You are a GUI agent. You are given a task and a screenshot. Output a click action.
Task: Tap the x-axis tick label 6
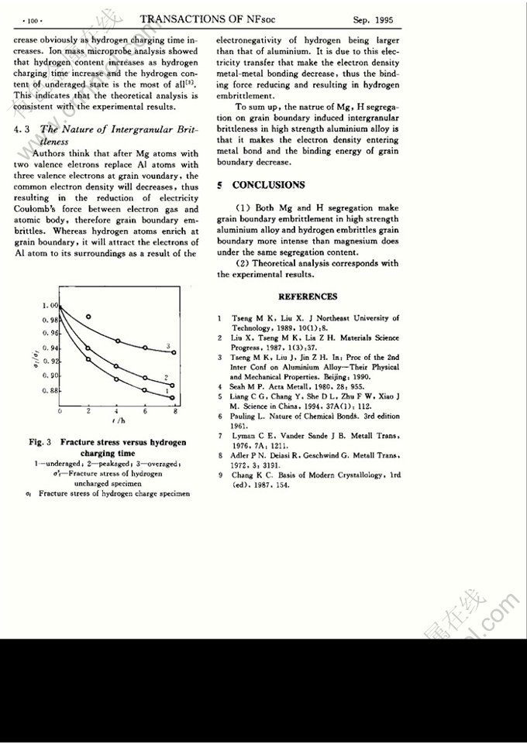(x=145, y=412)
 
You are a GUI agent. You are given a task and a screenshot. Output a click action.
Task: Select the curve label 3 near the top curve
(x=168, y=345)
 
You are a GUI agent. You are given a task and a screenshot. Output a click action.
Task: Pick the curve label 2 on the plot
(x=167, y=376)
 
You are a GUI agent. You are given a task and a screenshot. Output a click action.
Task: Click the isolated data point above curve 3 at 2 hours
(x=89, y=317)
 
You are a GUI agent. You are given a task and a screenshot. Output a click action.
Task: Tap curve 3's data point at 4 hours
(x=117, y=341)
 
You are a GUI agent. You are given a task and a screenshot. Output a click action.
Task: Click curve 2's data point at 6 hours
(x=146, y=378)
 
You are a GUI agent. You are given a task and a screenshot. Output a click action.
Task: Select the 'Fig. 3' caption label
(x=40, y=443)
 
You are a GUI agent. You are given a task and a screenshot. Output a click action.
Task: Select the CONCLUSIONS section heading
(x=268, y=185)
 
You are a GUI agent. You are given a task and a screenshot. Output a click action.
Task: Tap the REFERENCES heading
(x=308, y=297)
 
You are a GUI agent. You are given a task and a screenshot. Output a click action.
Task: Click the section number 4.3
(x=22, y=130)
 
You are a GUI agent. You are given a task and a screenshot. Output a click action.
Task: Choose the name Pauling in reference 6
(x=246, y=416)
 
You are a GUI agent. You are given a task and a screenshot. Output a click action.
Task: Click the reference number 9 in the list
(x=220, y=475)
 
